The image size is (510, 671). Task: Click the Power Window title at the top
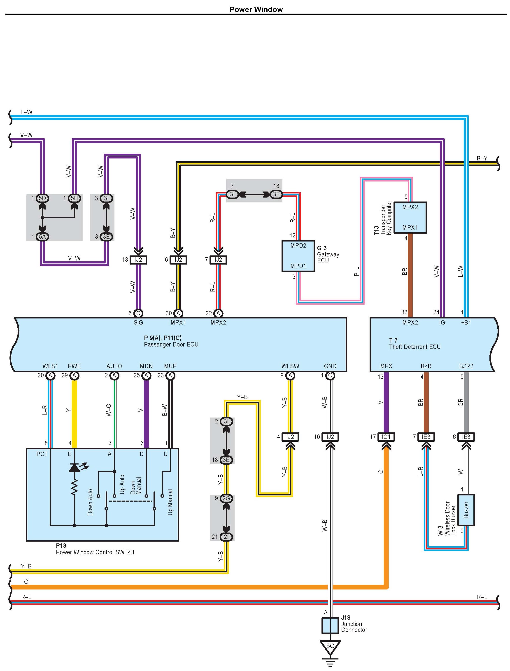256,9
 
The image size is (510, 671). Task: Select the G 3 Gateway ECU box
298,256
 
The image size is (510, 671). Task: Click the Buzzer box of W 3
466,510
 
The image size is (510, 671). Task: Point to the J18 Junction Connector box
330,625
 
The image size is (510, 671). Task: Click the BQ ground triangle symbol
330,647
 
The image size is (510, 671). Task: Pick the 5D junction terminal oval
42,198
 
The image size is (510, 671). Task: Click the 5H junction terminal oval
74,198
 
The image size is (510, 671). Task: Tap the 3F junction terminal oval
276,194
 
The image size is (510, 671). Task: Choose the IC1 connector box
386,437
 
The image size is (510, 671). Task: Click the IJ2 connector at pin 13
138,260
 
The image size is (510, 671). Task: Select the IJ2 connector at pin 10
330,437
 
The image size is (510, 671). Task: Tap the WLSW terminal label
290,366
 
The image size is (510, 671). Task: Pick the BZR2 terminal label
466,366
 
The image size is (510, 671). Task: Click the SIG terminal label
138,323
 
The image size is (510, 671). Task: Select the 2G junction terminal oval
226,498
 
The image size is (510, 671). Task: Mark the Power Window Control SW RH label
95,552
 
